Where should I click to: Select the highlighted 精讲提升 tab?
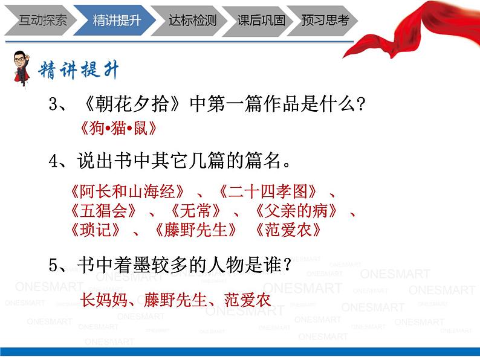click(x=116, y=20)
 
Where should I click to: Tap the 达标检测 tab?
click(x=192, y=20)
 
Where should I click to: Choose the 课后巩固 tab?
click(x=261, y=20)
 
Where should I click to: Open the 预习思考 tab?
click(x=325, y=20)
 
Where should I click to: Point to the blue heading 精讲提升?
click(x=79, y=70)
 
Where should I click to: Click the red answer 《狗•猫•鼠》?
click(x=113, y=128)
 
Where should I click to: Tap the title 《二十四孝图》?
click(x=268, y=192)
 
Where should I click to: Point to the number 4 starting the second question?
click(x=53, y=161)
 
